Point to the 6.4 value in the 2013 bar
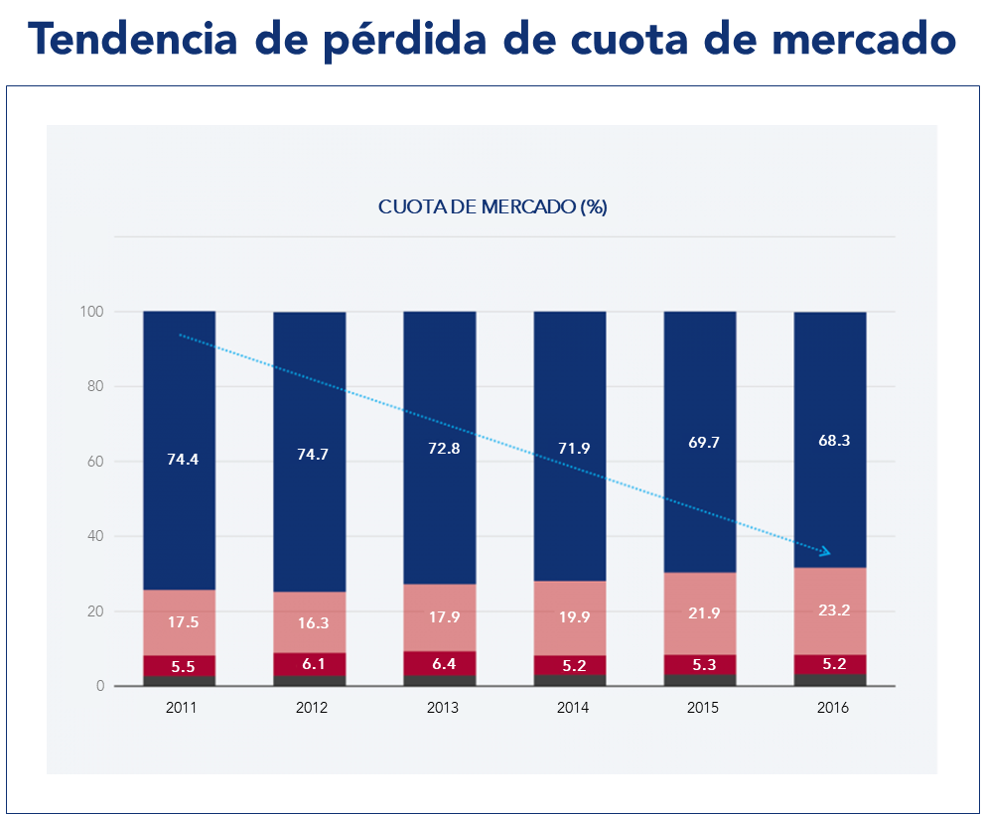point(440,663)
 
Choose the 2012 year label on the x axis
point(310,708)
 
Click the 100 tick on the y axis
point(92,312)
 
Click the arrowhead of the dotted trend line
point(825,551)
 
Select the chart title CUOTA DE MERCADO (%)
point(492,207)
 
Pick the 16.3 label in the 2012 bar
point(310,622)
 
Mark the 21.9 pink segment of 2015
point(700,613)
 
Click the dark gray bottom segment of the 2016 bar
point(830,680)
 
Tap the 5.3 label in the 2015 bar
point(700,665)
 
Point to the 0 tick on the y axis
point(100,686)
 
